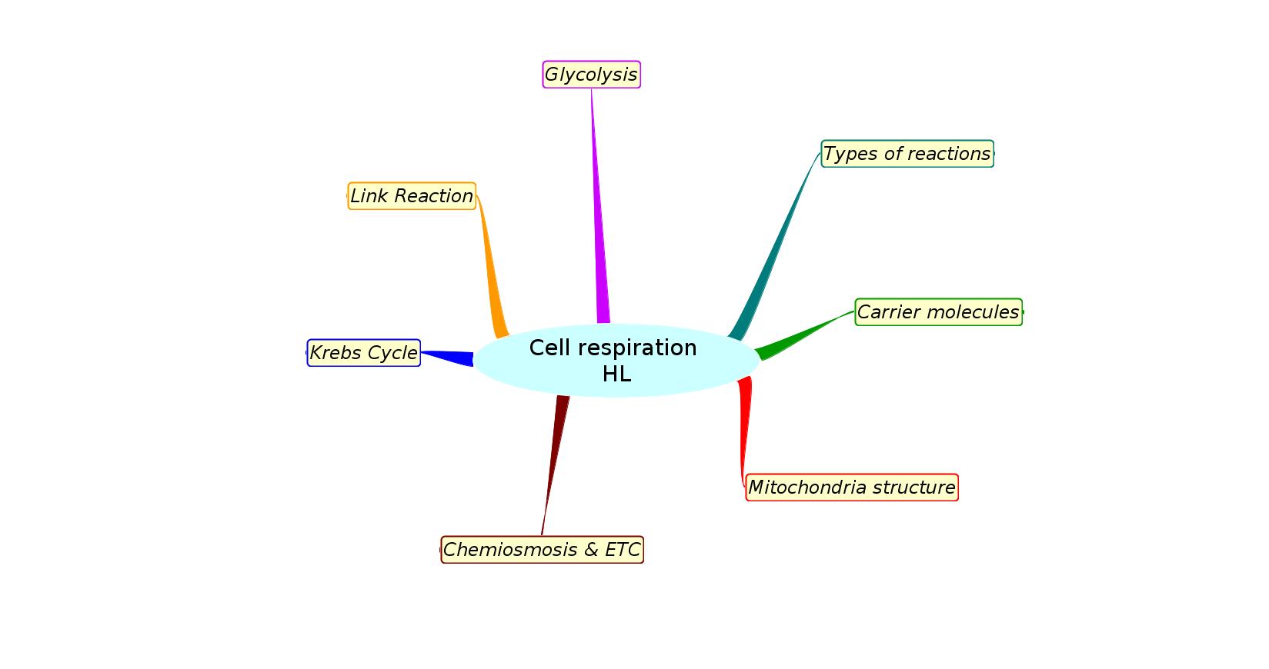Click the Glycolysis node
coord(591,75)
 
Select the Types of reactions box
coord(907,154)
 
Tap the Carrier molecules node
coord(938,312)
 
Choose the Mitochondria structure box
coord(851,488)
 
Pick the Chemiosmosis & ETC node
coord(542,550)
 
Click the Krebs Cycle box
coord(363,353)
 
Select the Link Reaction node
coord(412,196)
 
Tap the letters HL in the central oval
coord(616,374)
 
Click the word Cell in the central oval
coord(549,348)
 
